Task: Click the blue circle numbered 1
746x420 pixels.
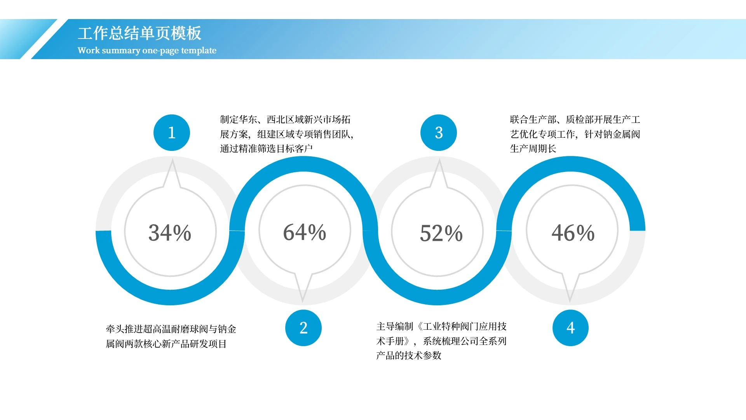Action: coord(172,133)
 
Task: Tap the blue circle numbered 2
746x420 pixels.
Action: coord(303,328)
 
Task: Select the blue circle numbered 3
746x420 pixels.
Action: coord(439,133)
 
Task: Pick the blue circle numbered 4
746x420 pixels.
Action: coord(570,328)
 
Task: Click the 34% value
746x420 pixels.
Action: coord(170,233)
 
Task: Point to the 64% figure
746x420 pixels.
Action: coord(305,232)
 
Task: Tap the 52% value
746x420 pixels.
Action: coord(441,233)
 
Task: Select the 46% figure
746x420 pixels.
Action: coord(573,233)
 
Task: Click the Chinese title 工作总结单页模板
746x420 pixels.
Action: coord(139,33)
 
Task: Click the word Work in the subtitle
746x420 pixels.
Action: coord(89,50)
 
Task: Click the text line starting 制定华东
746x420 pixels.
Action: coord(285,119)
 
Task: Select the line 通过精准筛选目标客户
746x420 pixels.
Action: coord(267,149)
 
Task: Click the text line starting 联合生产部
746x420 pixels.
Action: coord(575,119)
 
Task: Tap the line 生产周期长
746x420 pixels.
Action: coord(533,149)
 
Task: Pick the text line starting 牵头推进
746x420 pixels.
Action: coord(171,329)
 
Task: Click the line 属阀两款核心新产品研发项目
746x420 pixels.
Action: coord(166,344)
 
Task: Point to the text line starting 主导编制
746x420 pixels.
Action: coord(441,326)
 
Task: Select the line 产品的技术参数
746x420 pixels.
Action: coord(409,355)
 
